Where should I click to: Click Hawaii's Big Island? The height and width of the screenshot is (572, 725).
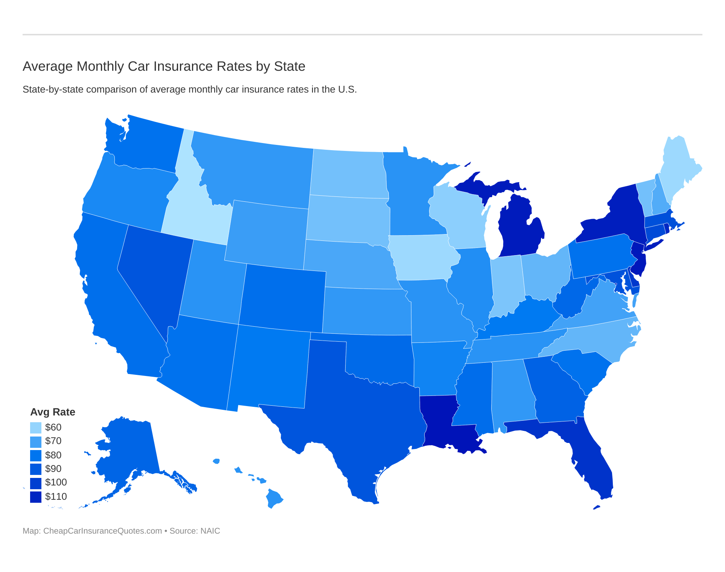coord(273,498)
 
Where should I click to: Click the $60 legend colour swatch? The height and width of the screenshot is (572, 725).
coord(36,427)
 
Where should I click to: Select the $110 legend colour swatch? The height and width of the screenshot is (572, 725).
coord(36,497)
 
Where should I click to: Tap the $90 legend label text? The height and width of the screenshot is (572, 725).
coord(53,469)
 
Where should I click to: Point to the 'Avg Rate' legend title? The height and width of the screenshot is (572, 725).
coord(53,412)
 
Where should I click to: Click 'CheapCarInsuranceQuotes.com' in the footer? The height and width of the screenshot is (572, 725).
coord(102,531)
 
